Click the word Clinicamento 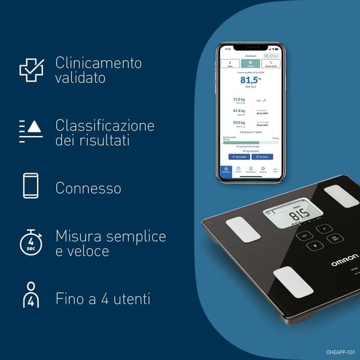[98, 62]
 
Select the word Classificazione [105, 125]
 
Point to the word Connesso [88, 188]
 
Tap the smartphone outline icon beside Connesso [31, 186]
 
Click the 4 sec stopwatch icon [31, 240]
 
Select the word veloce [82, 251]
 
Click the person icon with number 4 [31, 295]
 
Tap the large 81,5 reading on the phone [249, 80]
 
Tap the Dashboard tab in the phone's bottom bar [226, 170]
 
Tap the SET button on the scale [305, 236]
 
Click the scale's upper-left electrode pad [243, 229]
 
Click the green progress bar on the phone [241, 142]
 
